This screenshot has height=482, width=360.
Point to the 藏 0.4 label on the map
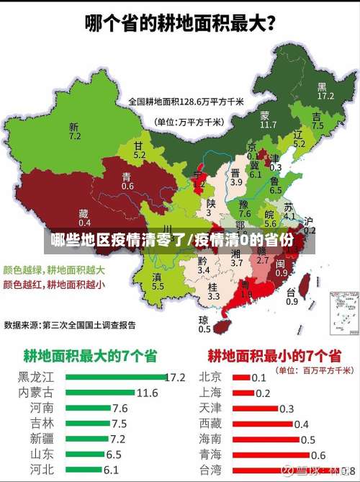[84, 218]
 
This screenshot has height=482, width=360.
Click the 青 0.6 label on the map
[127, 181]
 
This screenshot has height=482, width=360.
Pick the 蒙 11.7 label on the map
[267, 120]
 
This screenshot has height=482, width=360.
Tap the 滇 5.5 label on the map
[158, 281]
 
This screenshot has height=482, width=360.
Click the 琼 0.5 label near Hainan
[204, 324]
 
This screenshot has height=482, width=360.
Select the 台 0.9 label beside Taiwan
[292, 297]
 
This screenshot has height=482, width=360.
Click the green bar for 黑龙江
[114, 376]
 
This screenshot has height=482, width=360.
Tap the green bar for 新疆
[87, 438]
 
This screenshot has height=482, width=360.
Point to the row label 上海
[210, 392]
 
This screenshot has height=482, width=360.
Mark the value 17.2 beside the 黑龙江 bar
[175, 376]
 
